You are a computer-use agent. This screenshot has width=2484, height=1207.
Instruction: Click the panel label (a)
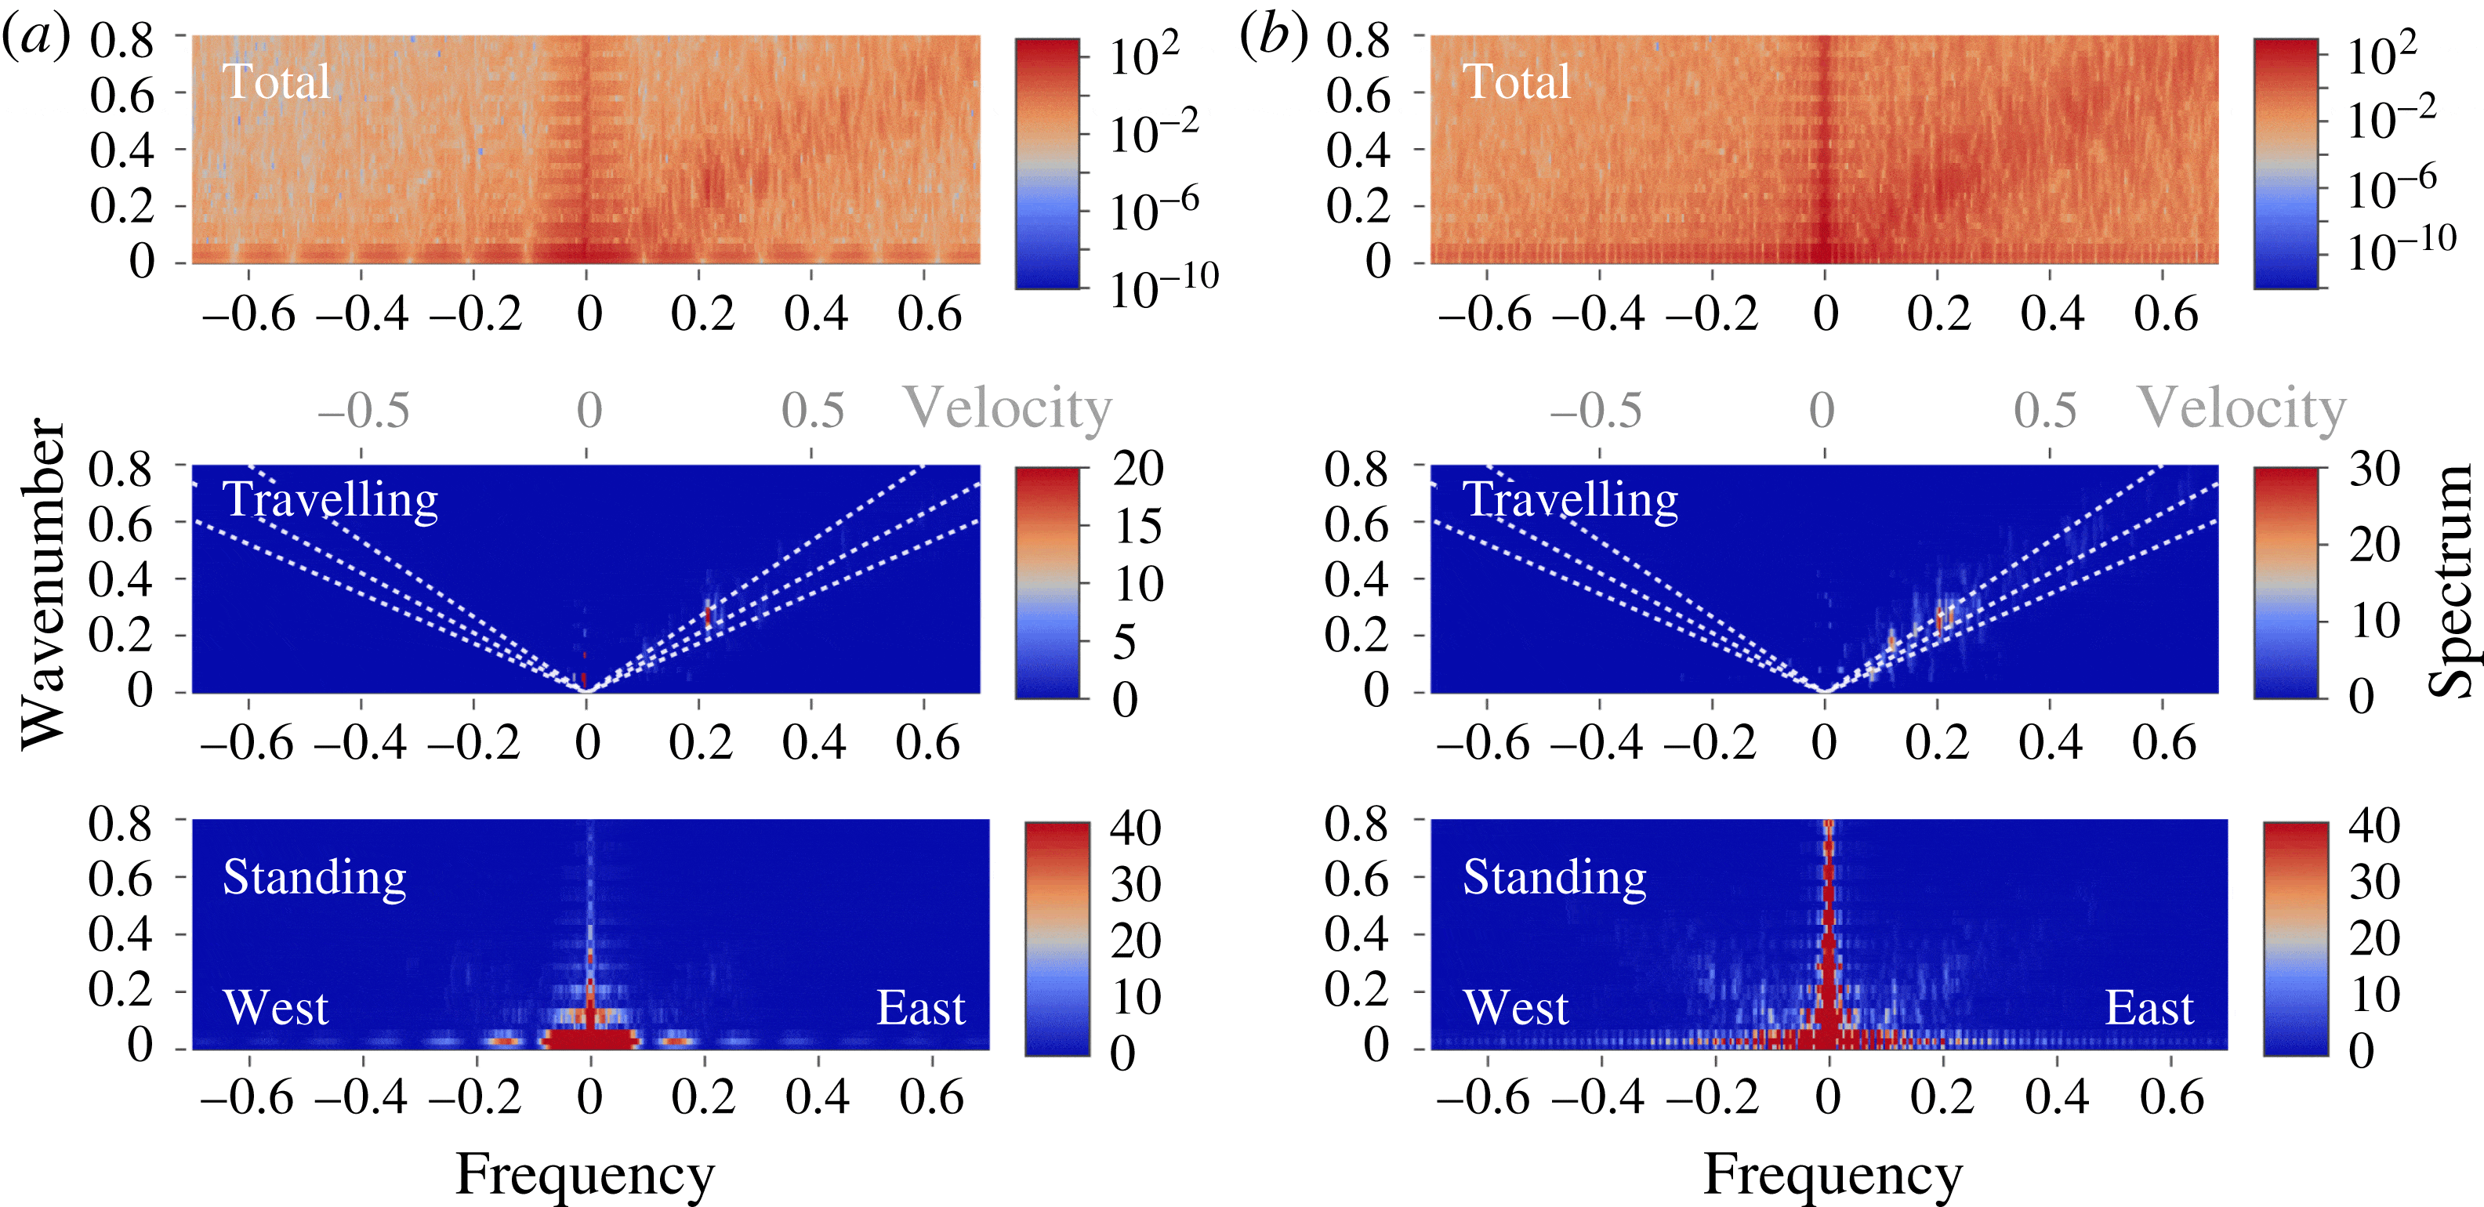[37, 38]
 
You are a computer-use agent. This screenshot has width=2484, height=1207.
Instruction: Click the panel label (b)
[1274, 38]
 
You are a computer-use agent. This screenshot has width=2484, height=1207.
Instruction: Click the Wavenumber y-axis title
[43, 583]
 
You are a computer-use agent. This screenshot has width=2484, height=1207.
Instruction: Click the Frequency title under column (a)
[585, 1174]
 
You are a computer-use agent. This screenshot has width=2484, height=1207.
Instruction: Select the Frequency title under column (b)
[1832, 1174]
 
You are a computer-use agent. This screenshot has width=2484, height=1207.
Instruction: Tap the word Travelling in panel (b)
[1570, 500]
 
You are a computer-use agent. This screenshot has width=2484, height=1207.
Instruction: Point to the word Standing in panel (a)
[314, 877]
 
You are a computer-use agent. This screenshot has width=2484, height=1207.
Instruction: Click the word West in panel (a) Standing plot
[276, 1009]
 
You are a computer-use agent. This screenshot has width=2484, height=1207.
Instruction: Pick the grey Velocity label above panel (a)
[1006, 409]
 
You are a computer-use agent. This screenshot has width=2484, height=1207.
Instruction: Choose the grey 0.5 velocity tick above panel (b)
[2044, 411]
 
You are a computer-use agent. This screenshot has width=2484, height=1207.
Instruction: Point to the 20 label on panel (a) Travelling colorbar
[1138, 469]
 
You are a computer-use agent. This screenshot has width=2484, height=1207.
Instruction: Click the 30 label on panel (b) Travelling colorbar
[2374, 469]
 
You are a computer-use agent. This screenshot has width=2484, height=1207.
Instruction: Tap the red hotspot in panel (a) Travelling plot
[708, 615]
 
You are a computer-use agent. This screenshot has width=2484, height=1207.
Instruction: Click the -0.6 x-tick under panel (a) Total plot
[248, 314]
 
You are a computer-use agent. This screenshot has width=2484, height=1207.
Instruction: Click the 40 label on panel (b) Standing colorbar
[2374, 826]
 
